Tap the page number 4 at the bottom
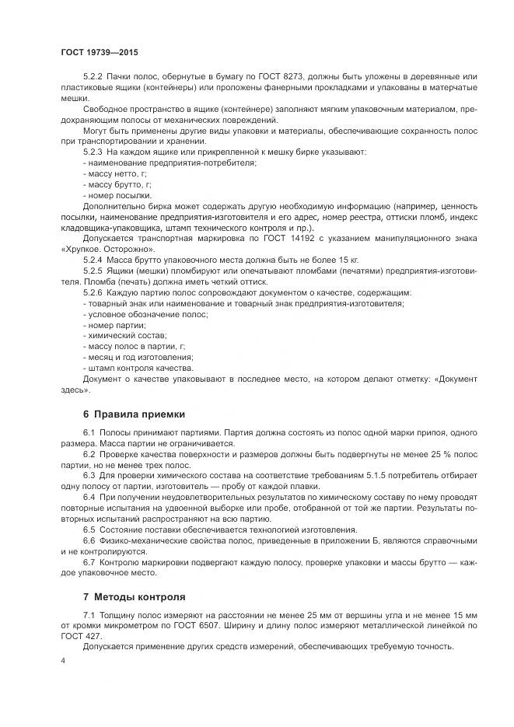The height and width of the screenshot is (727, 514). click(x=63, y=660)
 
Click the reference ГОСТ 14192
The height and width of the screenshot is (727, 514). click(x=284, y=239)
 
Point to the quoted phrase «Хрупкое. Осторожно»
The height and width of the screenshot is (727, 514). click(x=108, y=249)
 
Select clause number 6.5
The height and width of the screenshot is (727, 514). click(x=89, y=529)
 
